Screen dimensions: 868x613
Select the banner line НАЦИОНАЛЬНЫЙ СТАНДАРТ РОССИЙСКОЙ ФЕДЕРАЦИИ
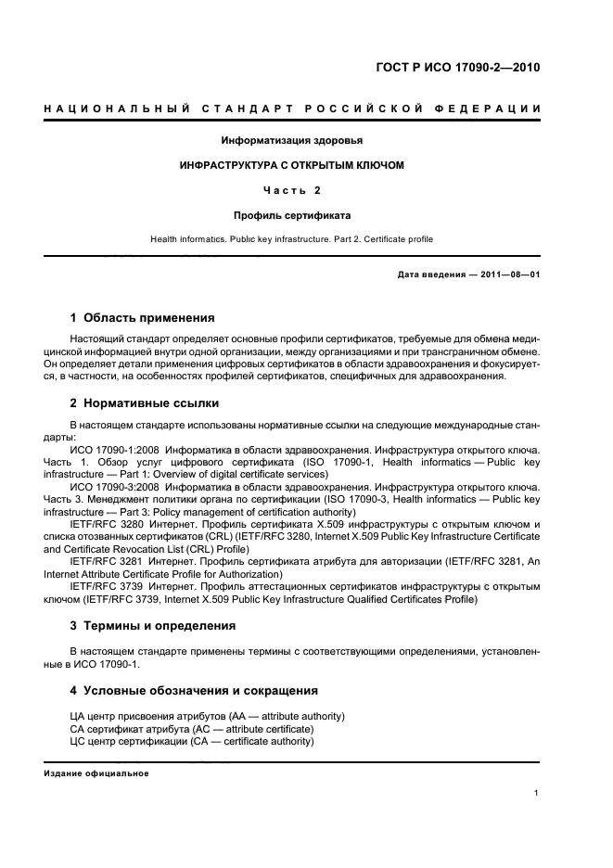292,110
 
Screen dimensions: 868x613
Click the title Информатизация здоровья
291,141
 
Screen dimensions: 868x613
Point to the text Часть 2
291,190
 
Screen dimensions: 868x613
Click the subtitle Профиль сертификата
291,214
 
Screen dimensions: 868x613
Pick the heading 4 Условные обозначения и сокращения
194,690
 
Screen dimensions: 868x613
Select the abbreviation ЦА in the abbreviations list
77,717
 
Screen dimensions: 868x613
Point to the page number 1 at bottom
537,792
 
